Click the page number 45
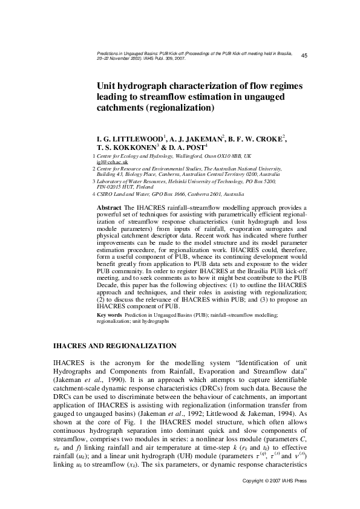304,56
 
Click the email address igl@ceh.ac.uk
109,163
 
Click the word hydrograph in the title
140,86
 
